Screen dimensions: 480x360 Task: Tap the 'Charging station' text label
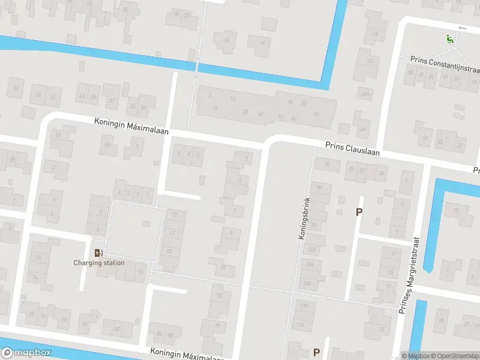point(99,263)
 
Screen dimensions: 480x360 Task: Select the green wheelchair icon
point(449,39)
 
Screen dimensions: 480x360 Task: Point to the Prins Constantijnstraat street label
point(445,61)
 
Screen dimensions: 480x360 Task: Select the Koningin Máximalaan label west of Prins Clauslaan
point(131,125)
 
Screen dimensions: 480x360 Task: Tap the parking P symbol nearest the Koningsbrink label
point(359,212)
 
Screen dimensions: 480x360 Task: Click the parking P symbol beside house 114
point(316,352)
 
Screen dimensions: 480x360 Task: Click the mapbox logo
point(26,353)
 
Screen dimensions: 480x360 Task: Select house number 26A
point(364,93)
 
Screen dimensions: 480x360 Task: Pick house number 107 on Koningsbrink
point(311,250)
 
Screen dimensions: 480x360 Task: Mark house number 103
point(307,283)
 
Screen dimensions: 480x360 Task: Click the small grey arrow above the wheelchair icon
point(461,28)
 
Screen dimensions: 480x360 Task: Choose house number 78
point(64,318)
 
